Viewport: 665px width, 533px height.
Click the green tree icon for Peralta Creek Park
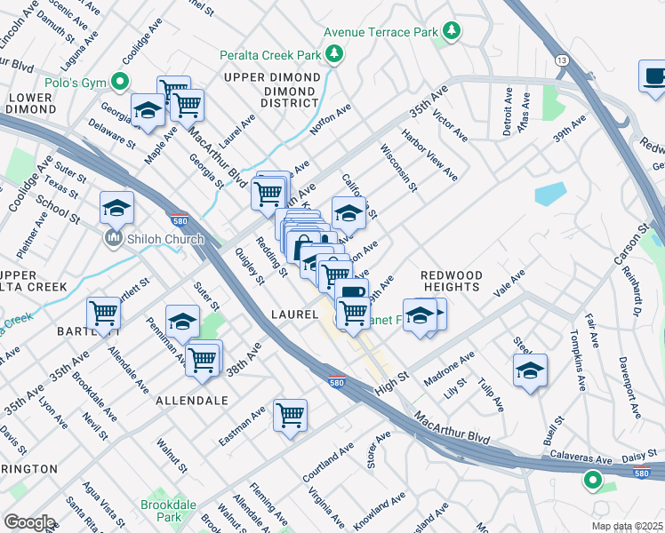point(335,55)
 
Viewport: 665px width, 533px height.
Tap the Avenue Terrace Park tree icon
point(453,32)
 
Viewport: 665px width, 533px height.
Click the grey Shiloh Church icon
point(113,238)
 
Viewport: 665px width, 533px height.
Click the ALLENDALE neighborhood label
point(193,401)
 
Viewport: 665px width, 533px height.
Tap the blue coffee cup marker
point(653,76)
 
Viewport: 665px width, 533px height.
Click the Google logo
point(29,521)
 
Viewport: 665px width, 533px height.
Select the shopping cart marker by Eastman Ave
point(290,414)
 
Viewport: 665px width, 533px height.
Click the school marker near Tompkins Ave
point(530,371)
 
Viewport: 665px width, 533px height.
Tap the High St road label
point(390,378)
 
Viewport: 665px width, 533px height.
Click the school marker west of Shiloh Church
point(116,208)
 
